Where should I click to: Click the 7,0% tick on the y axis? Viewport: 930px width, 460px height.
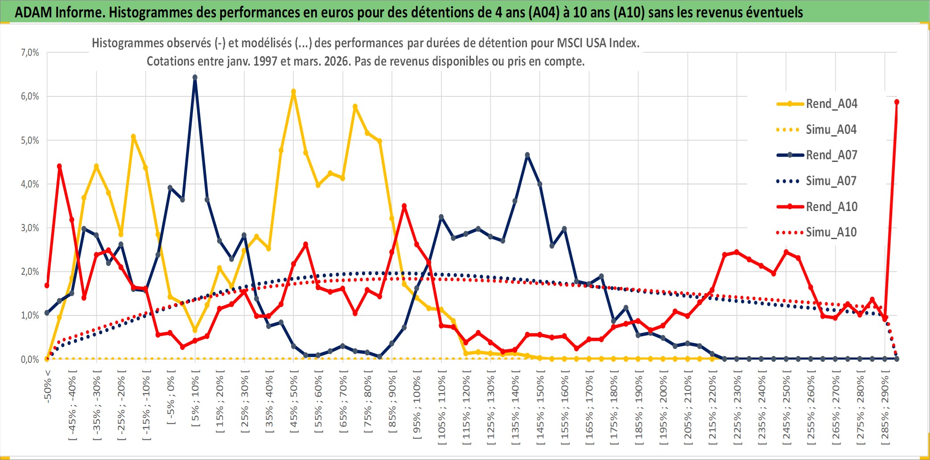(30, 53)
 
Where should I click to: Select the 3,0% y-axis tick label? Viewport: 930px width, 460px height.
(30, 228)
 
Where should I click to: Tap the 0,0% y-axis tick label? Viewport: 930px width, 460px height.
(30, 359)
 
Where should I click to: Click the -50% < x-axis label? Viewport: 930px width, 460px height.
(48, 386)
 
